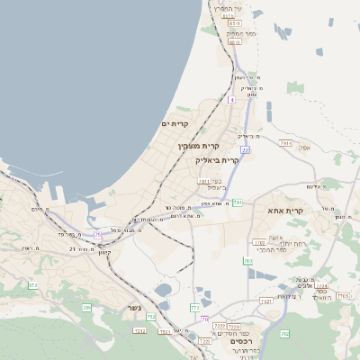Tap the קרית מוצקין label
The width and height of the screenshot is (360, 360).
199,145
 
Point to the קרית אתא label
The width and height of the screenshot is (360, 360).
286,210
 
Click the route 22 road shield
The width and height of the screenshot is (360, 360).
245,150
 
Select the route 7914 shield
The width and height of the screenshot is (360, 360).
286,143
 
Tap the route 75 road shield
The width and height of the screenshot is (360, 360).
97,234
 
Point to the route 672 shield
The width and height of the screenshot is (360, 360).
32,285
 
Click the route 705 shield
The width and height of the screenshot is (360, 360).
86,308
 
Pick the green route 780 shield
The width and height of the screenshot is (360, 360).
247,261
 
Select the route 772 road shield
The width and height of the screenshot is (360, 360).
194,308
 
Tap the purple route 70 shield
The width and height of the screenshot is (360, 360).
205,319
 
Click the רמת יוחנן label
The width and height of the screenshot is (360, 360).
269,242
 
